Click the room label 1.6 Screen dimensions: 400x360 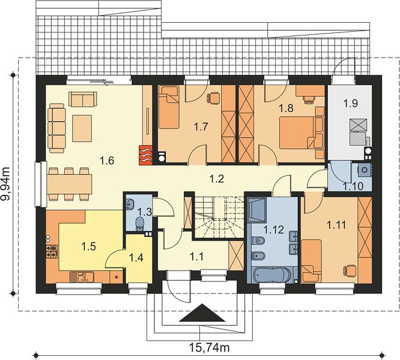[107, 161]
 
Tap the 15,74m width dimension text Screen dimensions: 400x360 [209, 347]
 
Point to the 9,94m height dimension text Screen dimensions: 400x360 [5, 184]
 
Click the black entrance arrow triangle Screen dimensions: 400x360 [202, 313]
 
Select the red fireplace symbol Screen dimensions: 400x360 [146, 155]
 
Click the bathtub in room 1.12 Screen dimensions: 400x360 [272, 275]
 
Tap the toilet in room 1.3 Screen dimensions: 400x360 [139, 223]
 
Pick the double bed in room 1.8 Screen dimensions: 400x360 [302, 133]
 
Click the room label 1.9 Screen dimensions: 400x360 [350, 103]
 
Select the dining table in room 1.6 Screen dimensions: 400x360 [69, 184]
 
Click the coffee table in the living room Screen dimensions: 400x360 [82, 128]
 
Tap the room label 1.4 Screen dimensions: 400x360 [136, 258]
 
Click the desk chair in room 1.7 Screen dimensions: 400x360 [214, 98]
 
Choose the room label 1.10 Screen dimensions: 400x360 [354, 186]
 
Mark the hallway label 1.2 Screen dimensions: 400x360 [217, 179]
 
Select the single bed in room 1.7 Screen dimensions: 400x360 [169, 107]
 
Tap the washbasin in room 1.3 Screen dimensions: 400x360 [130, 205]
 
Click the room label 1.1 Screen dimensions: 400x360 [196, 257]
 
